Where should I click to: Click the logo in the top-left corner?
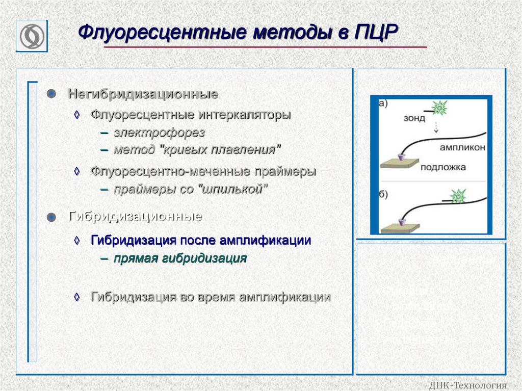32,36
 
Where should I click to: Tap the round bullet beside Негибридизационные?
51,94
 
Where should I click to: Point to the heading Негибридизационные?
143,94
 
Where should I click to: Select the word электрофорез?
159,133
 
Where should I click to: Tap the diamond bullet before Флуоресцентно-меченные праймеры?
77,172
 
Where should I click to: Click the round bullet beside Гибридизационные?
51,217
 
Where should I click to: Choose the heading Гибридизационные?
135,217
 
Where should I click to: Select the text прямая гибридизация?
180,258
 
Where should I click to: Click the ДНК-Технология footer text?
468,385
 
